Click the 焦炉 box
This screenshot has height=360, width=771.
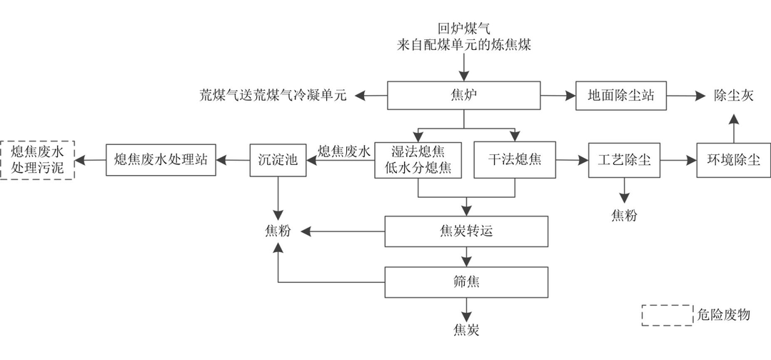coord(464,96)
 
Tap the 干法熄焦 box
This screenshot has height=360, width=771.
coord(515,159)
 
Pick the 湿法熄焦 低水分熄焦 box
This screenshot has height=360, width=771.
coord(418,159)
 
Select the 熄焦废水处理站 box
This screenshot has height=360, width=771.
coord(161,159)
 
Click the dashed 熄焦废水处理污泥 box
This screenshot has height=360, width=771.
coord(37,159)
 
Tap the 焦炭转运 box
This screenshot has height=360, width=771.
coord(467,231)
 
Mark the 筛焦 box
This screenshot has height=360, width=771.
coord(467,281)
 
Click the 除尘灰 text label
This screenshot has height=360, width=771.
coord(733,96)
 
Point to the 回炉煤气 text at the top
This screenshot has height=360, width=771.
coord(464,29)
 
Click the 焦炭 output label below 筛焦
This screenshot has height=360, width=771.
coord(466,330)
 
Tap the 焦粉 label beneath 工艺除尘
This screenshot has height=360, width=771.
coord(624,215)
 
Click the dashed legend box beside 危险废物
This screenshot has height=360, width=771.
coord(664,315)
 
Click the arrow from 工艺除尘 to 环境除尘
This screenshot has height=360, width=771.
coord(678,159)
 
